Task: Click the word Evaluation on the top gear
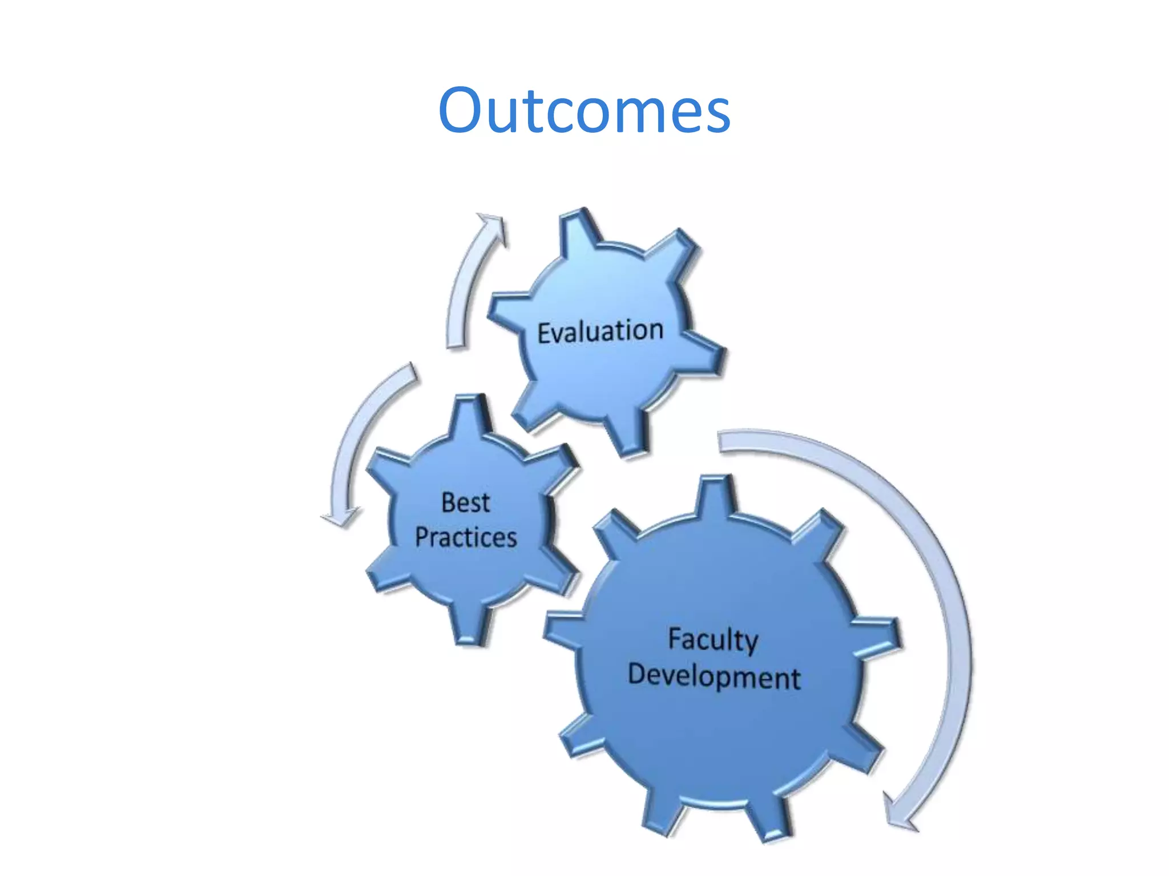[x=600, y=332]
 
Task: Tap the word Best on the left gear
[x=465, y=502]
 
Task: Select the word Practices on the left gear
[x=466, y=537]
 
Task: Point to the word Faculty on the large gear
[x=713, y=639]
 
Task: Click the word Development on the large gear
[x=714, y=676]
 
